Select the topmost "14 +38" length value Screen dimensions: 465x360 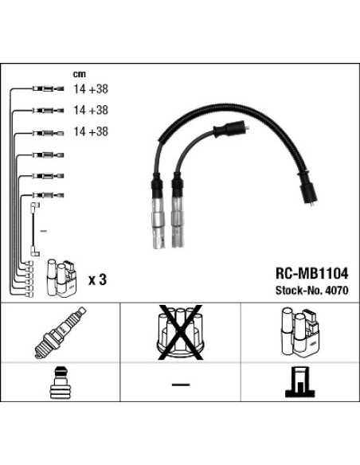(90, 91)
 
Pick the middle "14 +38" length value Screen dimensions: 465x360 (90, 111)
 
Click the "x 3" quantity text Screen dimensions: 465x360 (97, 279)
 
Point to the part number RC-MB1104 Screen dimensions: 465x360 (311, 273)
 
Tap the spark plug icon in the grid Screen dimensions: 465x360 (61, 332)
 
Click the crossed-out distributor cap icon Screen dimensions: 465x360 (180, 332)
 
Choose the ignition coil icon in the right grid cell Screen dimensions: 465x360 (300, 332)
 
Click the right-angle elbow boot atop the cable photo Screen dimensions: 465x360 (237, 130)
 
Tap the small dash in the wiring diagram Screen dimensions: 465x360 (42, 231)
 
